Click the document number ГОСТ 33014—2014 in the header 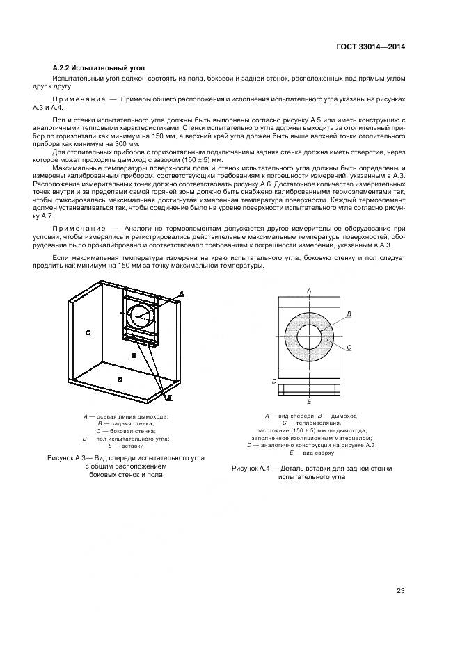[370, 47]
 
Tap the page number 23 [400, 591]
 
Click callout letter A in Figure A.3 [182, 294]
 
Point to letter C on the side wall [88, 333]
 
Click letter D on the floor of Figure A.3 [120, 379]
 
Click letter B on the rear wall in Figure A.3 [133, 355]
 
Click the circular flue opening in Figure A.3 [143, 317]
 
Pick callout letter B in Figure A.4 [349, 314]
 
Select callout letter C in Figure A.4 [349, 346]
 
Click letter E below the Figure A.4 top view [309, 402]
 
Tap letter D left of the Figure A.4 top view [274, 382]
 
